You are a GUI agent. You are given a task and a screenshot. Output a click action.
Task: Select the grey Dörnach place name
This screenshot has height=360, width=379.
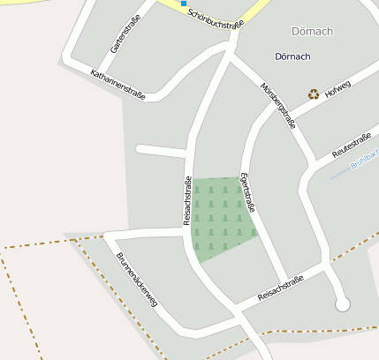point(312,32)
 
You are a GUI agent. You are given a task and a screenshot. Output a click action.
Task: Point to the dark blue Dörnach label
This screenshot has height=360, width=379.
point(292,56)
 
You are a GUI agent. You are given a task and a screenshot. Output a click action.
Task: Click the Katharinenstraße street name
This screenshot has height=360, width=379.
point(117,84)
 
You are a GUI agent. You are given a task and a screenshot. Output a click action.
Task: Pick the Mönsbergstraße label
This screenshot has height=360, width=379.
point(277,105)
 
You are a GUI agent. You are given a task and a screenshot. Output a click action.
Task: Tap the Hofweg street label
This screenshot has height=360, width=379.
point(338,90)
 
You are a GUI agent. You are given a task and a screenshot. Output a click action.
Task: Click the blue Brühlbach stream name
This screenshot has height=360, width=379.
point(364,164)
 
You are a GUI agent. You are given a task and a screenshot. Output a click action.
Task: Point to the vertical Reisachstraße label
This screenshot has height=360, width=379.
point(187,202)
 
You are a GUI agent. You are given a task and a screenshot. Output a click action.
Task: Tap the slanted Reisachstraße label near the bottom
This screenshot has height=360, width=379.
point(280,288)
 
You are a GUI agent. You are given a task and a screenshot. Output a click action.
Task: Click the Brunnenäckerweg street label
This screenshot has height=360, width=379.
point(137,280)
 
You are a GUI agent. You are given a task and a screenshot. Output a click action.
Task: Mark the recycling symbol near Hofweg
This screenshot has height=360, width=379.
point(313,94)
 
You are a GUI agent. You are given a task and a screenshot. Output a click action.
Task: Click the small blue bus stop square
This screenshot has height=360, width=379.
point(184,4)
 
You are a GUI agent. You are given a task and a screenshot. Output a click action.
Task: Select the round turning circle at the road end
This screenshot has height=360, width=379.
point(343,304)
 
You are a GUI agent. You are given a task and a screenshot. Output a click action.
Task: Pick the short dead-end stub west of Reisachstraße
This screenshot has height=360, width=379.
point(159,151)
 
